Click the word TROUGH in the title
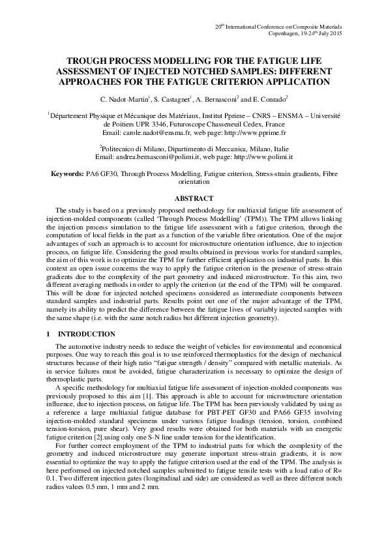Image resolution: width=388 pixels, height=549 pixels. [79, 60]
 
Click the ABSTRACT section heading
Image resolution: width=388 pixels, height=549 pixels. [194, 198]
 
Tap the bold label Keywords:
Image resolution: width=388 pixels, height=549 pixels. [68, 175]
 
